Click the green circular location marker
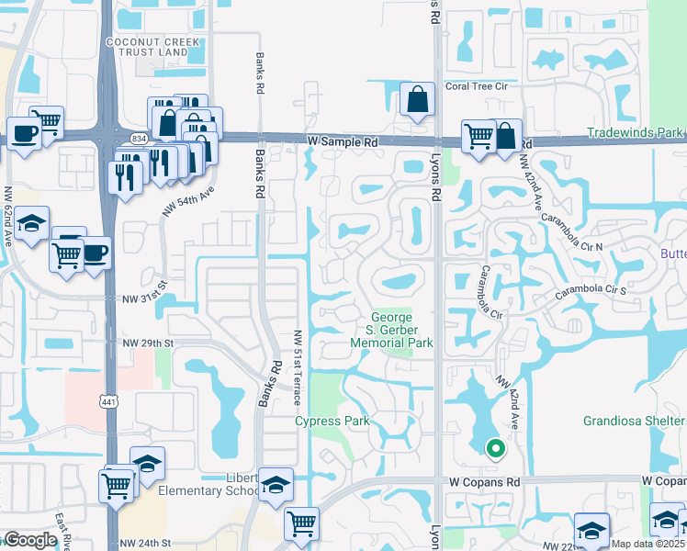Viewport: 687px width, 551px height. [496, 449]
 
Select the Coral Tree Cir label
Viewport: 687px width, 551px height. [477, 86]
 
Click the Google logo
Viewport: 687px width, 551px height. [30, 540]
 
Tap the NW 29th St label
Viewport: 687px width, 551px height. [148, 343]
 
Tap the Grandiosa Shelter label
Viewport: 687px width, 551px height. [634, 422]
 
